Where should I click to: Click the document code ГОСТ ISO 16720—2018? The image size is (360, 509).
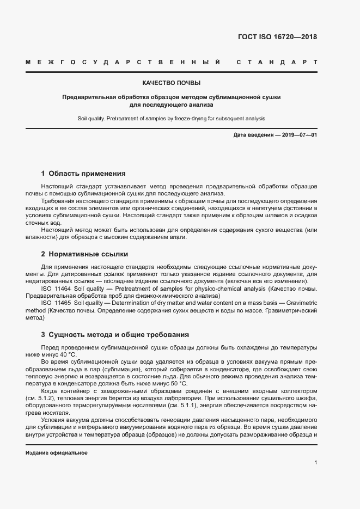tap(277, 38)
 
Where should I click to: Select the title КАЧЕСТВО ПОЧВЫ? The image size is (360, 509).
tap(172, 83)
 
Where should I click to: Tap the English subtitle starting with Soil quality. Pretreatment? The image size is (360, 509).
tap(172, 118)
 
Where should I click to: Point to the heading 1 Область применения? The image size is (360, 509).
tap(83, 174)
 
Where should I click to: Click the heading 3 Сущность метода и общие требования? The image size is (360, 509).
tap(115, 334)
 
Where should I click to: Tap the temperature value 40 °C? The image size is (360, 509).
tap(74, 354)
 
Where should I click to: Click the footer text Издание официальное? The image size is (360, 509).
tap(57, 453)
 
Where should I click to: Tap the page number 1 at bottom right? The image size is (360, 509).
tap(315, 463)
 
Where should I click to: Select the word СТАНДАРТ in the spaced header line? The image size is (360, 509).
tap(277, 63)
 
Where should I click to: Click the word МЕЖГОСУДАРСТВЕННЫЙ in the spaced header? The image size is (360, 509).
tap(123, 63)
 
